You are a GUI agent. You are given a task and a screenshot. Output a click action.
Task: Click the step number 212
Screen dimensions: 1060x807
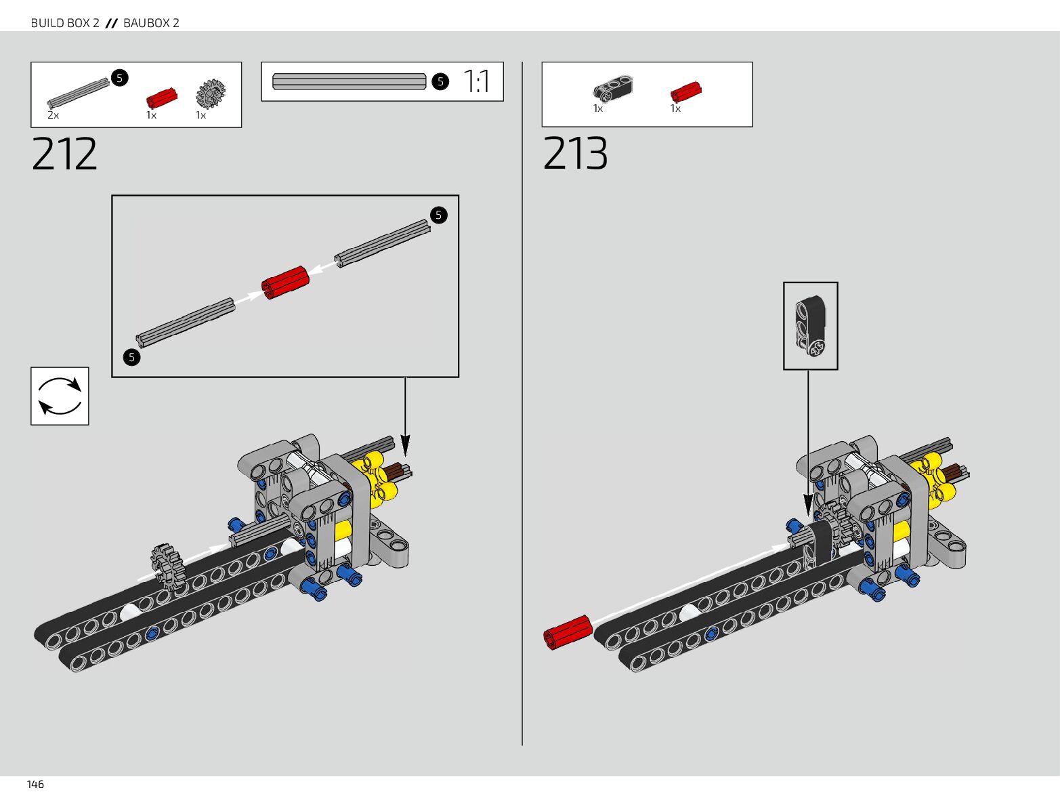click(64, 154)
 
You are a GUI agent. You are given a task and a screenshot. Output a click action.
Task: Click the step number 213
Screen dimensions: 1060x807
click(575, 154)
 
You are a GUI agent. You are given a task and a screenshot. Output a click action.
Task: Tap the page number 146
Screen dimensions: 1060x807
click(35, 785)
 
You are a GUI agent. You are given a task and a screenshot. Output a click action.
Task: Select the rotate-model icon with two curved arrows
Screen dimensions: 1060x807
click(60, 396)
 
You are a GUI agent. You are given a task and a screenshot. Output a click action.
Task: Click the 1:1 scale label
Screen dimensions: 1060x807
click(477, 81)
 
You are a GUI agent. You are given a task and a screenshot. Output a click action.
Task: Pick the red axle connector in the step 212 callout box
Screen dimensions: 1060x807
click(285, 282)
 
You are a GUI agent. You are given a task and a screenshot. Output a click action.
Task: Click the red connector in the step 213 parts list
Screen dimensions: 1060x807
click(685, 91)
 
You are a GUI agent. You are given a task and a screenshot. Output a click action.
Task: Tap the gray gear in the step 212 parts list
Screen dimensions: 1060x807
click(211, 94)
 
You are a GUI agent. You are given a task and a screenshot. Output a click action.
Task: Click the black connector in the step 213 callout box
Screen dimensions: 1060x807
click(810, 325)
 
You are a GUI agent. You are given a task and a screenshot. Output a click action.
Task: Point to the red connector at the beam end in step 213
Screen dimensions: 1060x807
click(568, 632)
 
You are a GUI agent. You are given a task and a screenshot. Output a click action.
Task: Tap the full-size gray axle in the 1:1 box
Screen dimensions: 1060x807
click(349, 82)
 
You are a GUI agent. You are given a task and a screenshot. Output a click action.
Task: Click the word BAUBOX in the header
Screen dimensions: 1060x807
click(146, 23)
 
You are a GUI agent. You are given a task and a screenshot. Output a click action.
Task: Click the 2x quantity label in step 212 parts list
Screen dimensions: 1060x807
click(53, 115)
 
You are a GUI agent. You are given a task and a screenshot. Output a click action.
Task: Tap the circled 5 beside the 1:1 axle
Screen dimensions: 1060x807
click(440, 82)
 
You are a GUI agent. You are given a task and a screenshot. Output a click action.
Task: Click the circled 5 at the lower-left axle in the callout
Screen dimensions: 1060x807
click(131, 357)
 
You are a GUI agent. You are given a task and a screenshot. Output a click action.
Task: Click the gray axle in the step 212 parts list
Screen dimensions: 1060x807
click(78, 93)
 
